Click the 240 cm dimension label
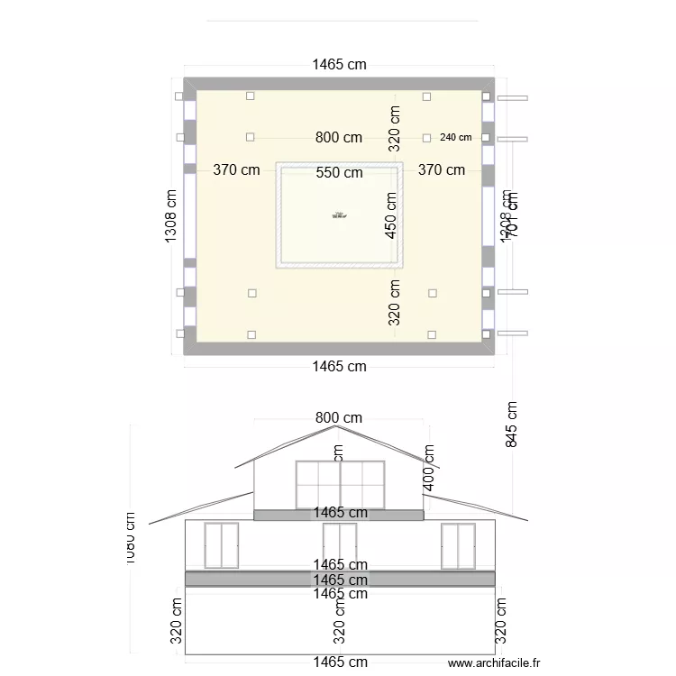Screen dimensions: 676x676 point(456,138)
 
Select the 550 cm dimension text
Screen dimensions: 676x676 point(340,173)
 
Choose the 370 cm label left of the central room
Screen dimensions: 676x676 point(236,169)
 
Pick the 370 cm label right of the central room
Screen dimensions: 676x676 point(442,169)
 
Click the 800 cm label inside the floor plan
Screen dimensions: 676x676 point(339,138)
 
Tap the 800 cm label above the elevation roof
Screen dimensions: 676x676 point(339,417)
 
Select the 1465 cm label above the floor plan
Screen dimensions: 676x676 point(339,64)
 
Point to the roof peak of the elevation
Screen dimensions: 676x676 point(326,429)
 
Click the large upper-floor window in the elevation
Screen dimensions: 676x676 point(340,485)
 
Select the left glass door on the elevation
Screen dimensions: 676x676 point(221,545)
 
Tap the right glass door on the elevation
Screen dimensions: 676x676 point(458,545)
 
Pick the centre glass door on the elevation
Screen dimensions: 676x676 point(340,545)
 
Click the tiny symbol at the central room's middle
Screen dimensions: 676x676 point(340,215)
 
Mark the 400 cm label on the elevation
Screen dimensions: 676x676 point(429,469)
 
